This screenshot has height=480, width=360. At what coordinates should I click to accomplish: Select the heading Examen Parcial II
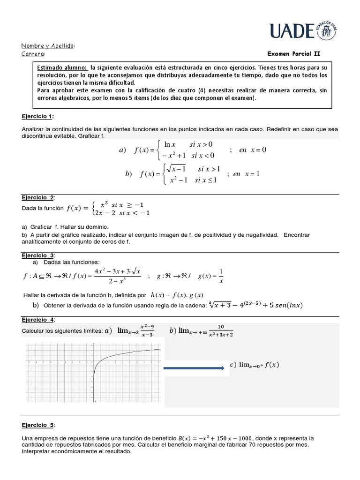point(293,54)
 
